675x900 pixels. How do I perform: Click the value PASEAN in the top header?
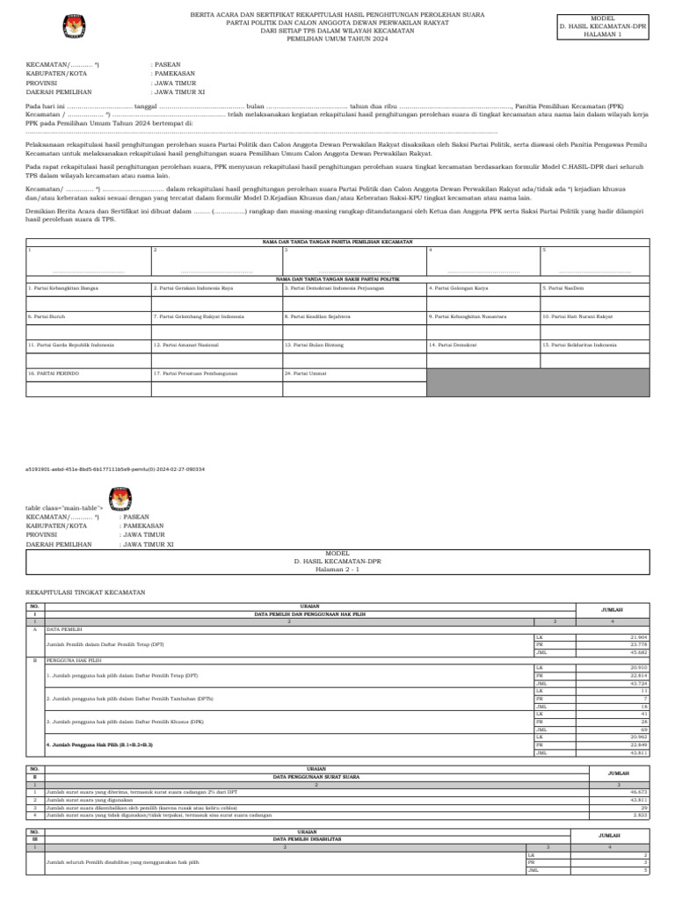168,64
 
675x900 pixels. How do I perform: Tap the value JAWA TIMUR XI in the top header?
180,91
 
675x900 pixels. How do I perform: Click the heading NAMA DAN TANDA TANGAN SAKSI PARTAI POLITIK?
337,278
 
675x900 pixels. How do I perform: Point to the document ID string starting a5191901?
115,469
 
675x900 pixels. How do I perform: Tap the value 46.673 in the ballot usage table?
638,792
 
